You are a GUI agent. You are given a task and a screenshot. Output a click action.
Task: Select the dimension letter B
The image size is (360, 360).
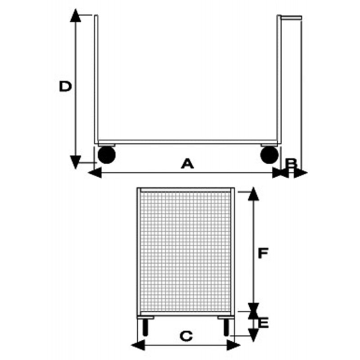point(291,163)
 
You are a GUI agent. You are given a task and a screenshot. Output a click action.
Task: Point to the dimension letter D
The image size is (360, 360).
point(66,86)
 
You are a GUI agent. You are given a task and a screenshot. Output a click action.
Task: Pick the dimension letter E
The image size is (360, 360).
point(264,323)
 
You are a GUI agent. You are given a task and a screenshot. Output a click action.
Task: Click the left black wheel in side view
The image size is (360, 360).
point(107,155)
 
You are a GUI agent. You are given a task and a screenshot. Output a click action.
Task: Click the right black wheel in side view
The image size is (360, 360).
point(269,155)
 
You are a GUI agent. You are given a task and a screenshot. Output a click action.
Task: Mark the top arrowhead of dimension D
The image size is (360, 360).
point(76,15)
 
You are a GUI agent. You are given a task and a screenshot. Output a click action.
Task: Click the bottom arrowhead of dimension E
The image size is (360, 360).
point(253,334)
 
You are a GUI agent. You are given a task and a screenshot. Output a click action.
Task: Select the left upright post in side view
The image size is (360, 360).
point(96,79)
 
